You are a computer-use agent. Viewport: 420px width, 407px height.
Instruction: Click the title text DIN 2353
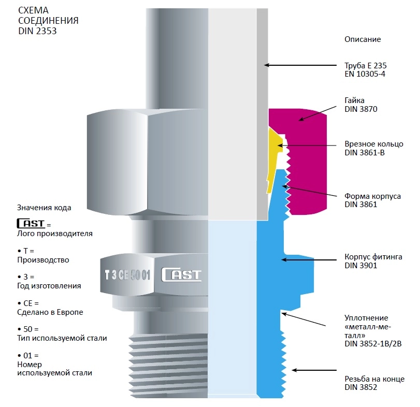[x=38, y=31]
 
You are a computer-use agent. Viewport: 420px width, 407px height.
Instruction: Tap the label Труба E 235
[x=366, y=66]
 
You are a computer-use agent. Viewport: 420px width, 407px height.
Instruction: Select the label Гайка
[x=355, y=100]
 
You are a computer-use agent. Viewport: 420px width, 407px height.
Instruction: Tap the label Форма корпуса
[x=372, y=196]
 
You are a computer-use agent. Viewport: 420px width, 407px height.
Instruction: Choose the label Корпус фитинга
[x=373, y=257]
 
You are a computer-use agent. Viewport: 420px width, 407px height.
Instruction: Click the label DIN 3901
[x=361, y=266]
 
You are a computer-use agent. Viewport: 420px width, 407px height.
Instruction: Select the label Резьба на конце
[x=374, y=379]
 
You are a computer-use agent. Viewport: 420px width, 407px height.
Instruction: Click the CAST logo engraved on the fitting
[x=181, y=274]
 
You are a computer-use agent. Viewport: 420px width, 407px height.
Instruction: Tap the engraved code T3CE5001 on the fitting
[x=127, y=275]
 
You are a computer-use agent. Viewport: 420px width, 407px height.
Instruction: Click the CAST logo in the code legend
[x=31, y=224]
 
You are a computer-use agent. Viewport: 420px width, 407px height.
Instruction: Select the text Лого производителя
[x=55, y=234]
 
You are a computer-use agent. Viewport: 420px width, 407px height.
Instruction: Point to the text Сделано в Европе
[x=50, y=312]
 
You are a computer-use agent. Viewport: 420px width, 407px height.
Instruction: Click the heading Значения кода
[x=44, y=208]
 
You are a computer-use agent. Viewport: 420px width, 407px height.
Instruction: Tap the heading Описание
[x=363, y=39]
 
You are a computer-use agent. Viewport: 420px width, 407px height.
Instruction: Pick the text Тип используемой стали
[x=62, y=338]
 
